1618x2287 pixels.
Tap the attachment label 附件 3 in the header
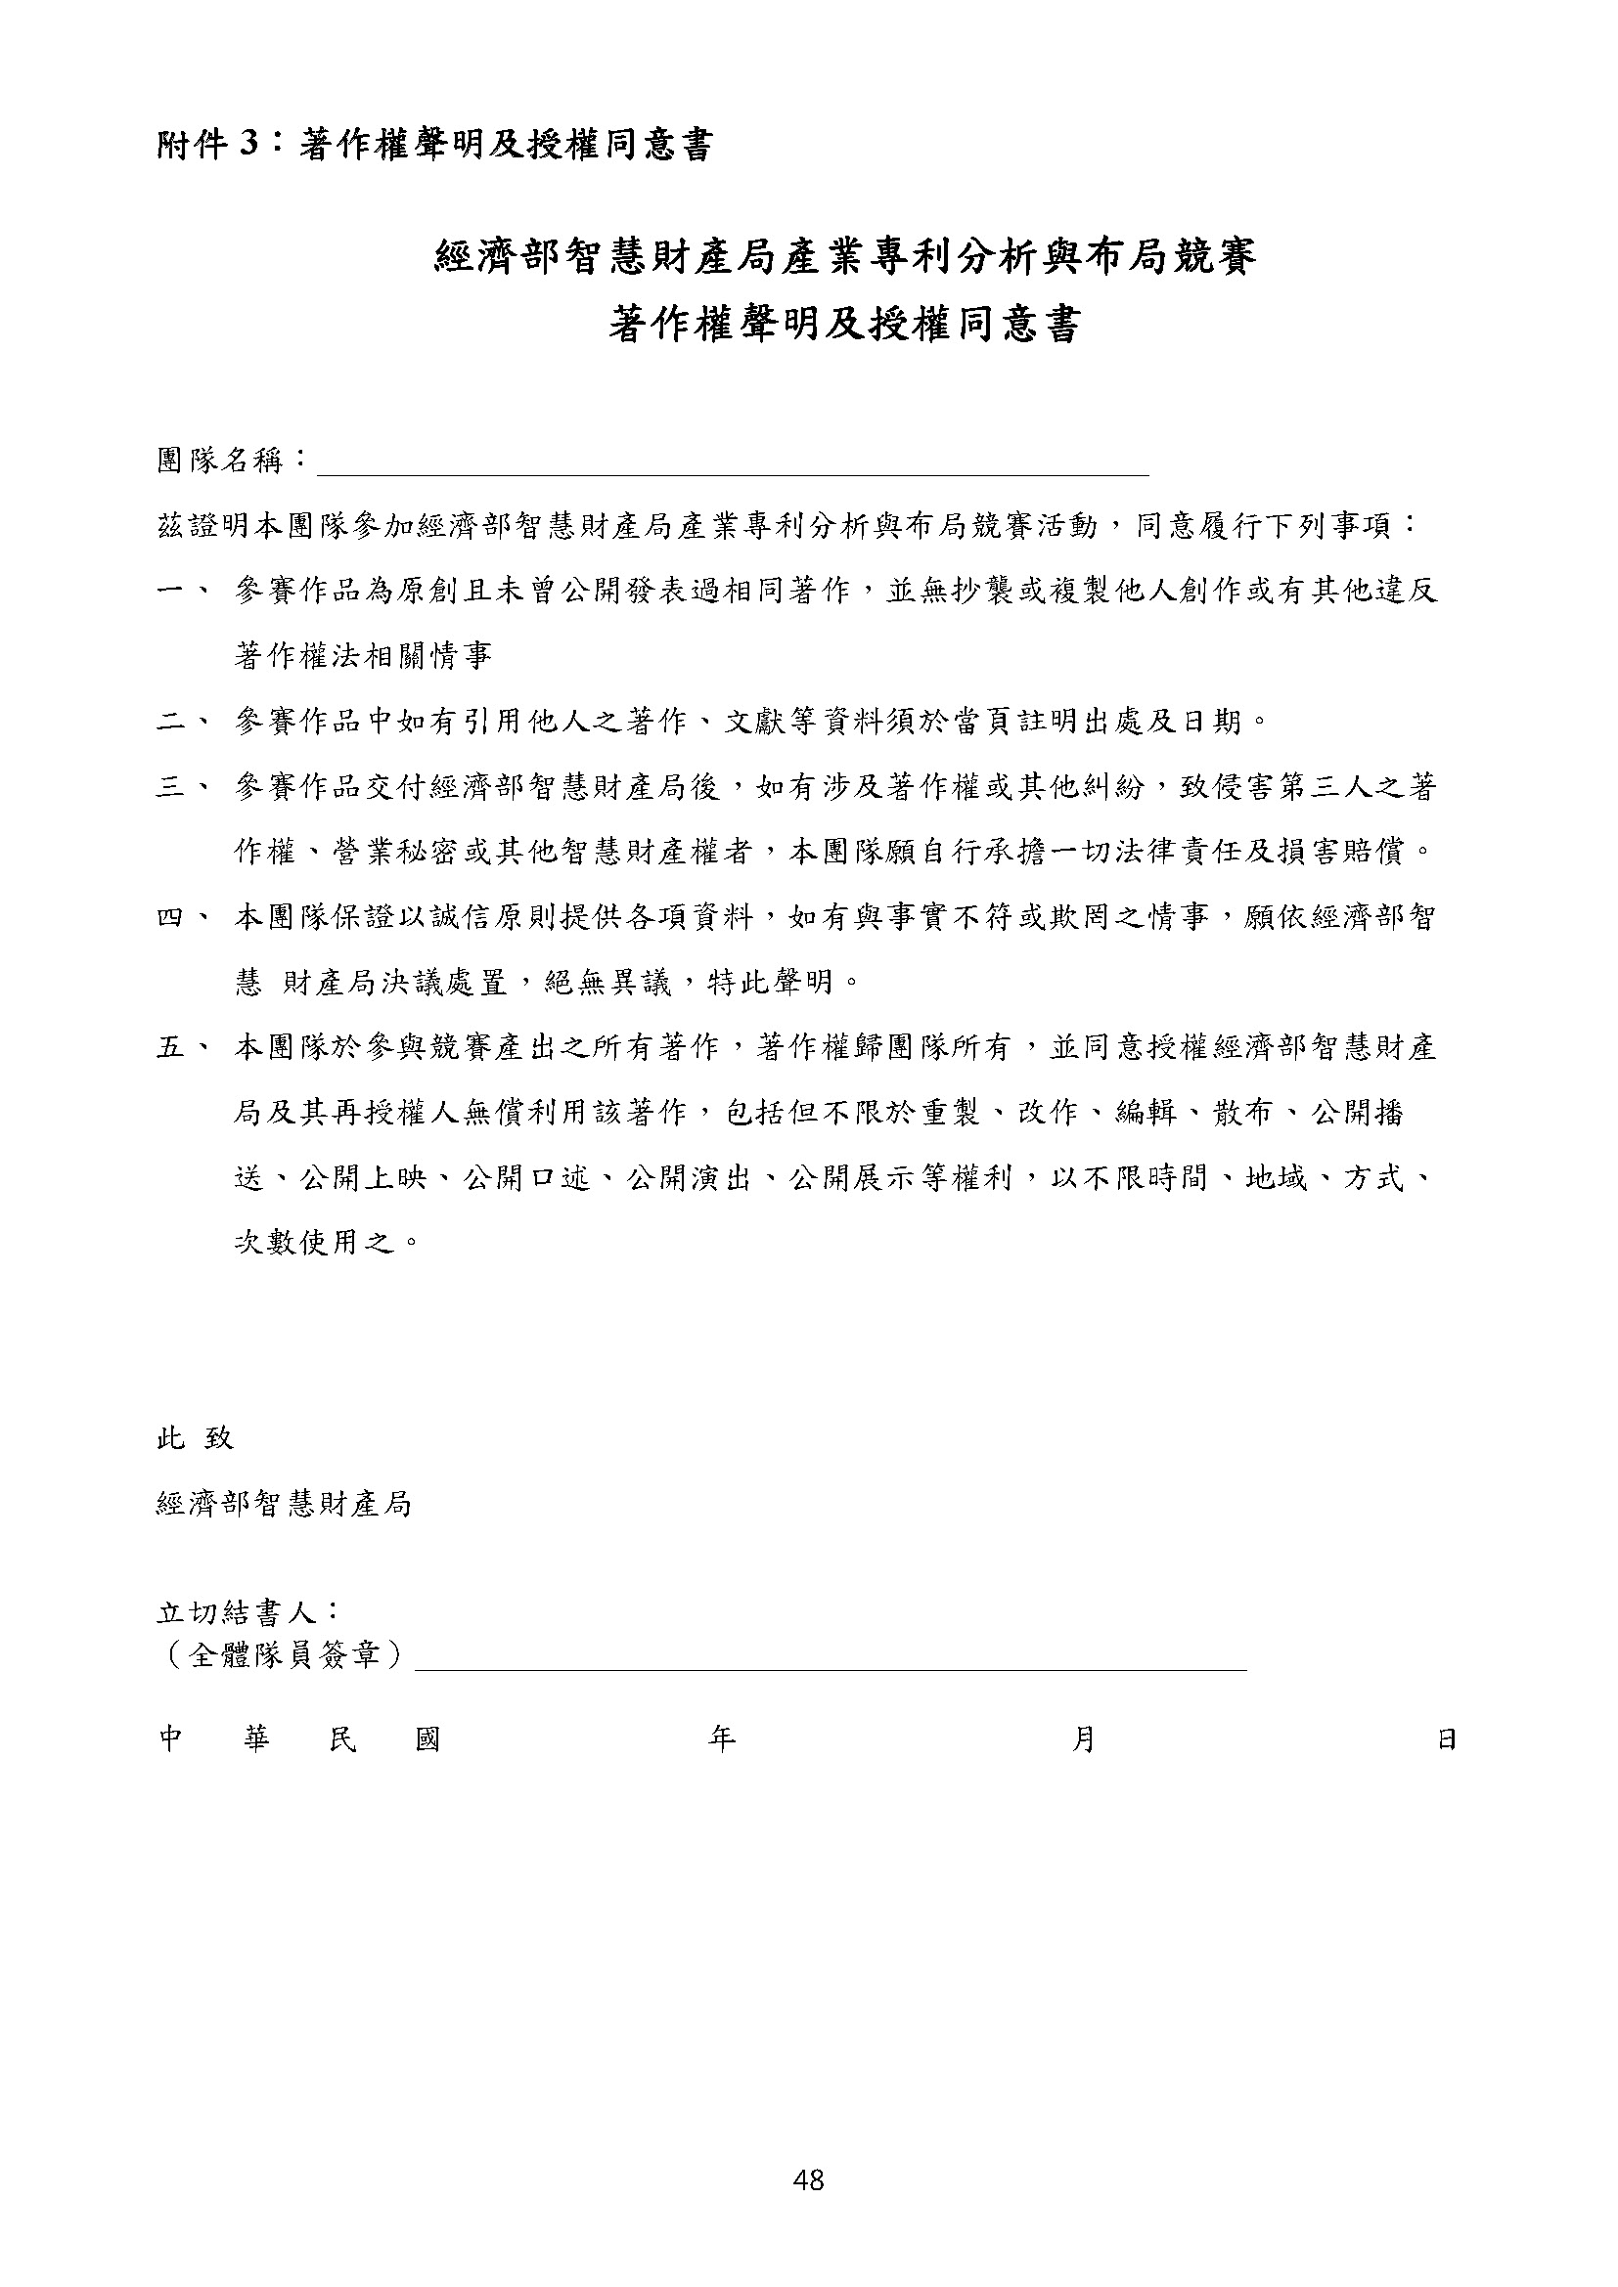click(209, 146)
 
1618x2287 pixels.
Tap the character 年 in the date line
click(721, 1739)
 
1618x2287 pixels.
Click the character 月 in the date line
click(1084, 1739)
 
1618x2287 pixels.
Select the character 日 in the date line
click(1447, 1739)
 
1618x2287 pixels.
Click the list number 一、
click(182, 591)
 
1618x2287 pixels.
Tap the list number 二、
click(182, 721)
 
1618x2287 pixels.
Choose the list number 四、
click(182, 917)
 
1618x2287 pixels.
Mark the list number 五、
click(182, 1047)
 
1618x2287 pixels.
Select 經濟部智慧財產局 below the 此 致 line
click(284, 1504)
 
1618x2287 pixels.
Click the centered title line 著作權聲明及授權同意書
click(844, 325)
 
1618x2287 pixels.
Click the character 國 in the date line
click(427, 1739)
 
